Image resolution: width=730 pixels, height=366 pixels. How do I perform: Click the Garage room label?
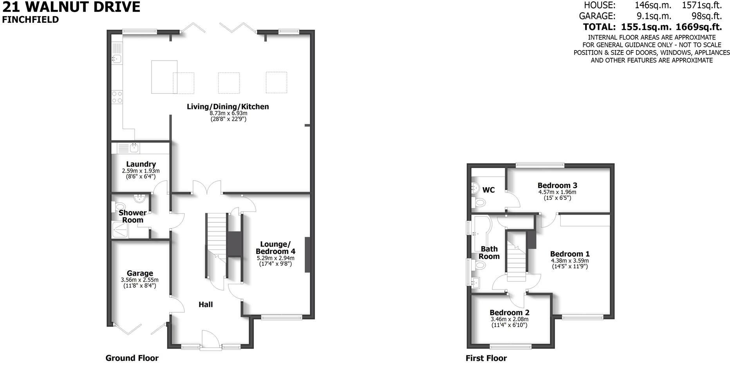point(140,273)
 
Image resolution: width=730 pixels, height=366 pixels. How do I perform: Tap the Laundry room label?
point(141,164)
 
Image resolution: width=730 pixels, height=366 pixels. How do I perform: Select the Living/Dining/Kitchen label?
point(228,106)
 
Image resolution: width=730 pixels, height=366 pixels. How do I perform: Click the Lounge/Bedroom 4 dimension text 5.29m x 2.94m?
point(275,258)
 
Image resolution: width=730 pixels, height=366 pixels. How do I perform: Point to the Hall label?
point(206,304)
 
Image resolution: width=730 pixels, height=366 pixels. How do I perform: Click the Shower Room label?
point(133,216)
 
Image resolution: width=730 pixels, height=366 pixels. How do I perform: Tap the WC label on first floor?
point(488,190)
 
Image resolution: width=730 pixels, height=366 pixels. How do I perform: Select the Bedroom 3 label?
point(557,185)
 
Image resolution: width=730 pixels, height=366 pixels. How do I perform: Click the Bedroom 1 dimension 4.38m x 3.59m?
point(570,261)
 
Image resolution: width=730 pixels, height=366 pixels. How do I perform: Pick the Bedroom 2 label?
point(510,312)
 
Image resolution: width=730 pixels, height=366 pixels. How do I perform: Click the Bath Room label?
point(489,253)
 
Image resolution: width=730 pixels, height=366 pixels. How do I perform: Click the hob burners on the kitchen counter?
point(117,97)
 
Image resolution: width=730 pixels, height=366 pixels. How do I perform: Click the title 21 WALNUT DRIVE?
point(71,7)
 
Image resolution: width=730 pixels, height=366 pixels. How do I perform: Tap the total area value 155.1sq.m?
point(647,27)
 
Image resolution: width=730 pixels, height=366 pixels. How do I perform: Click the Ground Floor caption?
point(132,358)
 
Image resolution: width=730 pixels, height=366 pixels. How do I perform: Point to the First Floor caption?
point(486,358)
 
